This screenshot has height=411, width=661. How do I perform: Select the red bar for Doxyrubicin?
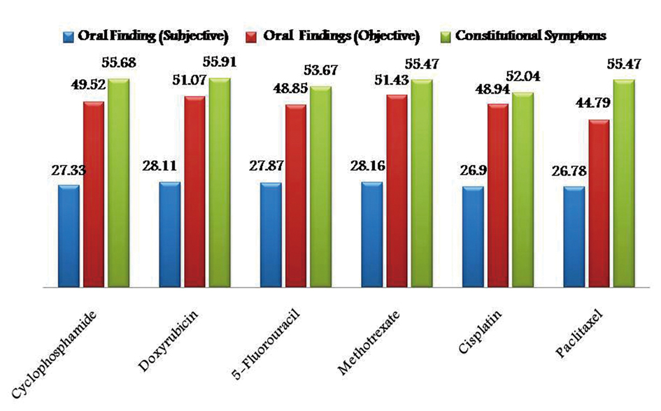pos(194,192)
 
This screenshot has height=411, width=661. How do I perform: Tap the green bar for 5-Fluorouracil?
pos(320,187)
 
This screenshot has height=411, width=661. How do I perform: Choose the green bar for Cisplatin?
pos(523,189)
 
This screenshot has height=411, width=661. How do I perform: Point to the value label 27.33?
pos(68,170)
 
